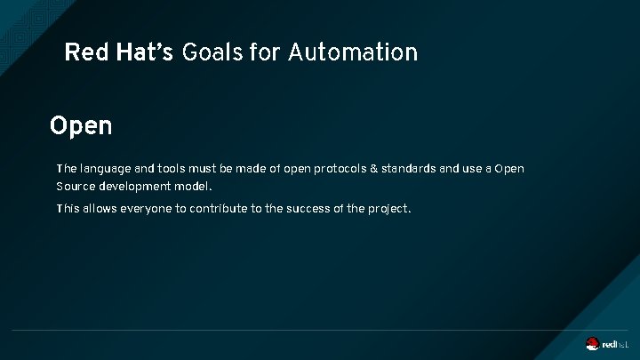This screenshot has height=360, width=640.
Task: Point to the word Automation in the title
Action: (352, 52)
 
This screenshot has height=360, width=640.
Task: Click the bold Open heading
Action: (81, 126)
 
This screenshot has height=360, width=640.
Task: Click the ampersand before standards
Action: (374, 168)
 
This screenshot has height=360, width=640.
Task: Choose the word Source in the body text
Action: (75, 187)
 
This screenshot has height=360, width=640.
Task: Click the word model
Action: (195, 187)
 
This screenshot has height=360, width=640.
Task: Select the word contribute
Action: (224, 209)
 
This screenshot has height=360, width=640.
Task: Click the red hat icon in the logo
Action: (592, 344)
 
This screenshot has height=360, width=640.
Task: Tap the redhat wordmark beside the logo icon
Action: (616, 345)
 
